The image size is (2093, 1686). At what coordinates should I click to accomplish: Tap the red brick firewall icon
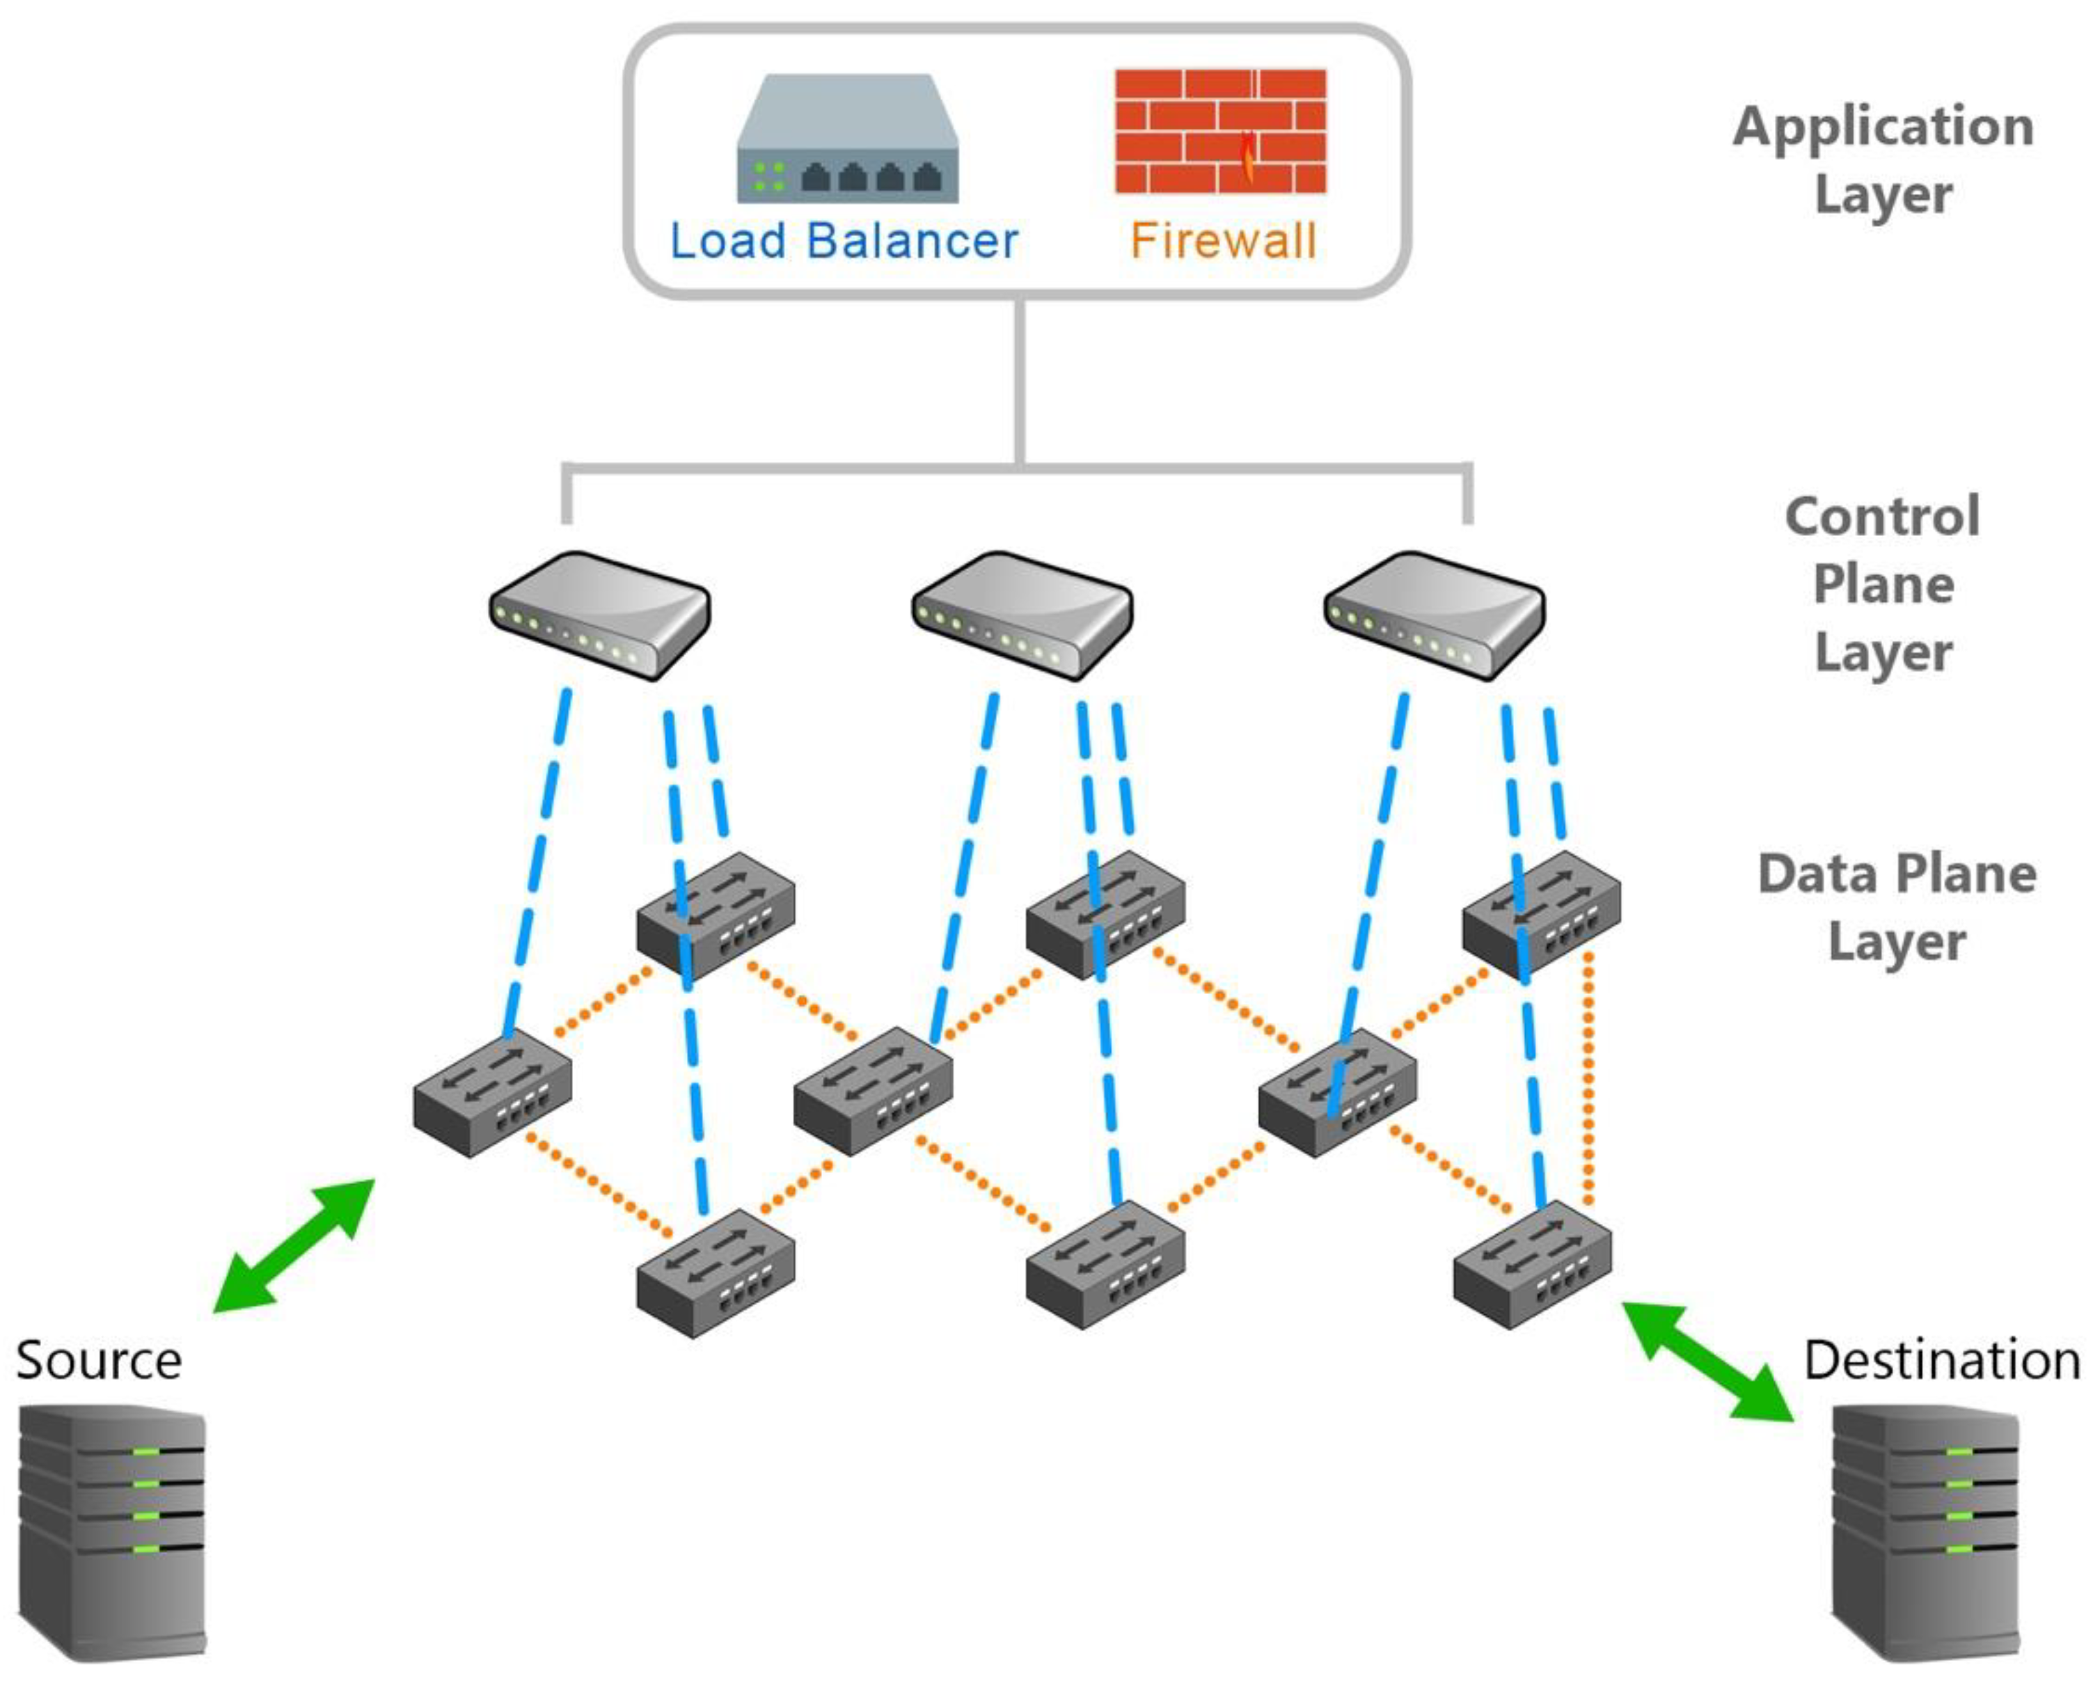pos(1220,131)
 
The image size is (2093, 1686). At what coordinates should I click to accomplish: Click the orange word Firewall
pos(1223,241)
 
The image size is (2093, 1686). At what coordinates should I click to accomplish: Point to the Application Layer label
pos(1882,160)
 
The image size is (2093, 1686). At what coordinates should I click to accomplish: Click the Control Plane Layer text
pos(1882,583)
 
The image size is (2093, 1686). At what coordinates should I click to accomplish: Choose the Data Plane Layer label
pos(1896,907)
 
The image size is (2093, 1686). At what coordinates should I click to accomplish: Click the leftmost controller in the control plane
pos(599,615)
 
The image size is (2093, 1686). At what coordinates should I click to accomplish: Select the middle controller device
pos(1022,615)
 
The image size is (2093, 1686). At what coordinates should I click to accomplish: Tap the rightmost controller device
pos(1434,615)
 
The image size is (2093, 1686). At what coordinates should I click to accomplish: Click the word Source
pos(99,1360)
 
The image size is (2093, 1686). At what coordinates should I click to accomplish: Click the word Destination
pos(1941,1360)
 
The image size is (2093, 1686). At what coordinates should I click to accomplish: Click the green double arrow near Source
pos(293,1246)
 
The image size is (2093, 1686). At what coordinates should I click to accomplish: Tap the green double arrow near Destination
pos(1707,1362)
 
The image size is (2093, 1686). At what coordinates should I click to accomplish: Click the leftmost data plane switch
pos(491,1093)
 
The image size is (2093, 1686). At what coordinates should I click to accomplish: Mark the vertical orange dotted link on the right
pos(1587,1078)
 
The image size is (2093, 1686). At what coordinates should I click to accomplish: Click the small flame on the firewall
pos(1248,159)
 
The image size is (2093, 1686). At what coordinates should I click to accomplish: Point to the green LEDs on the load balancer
pos(769,177)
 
